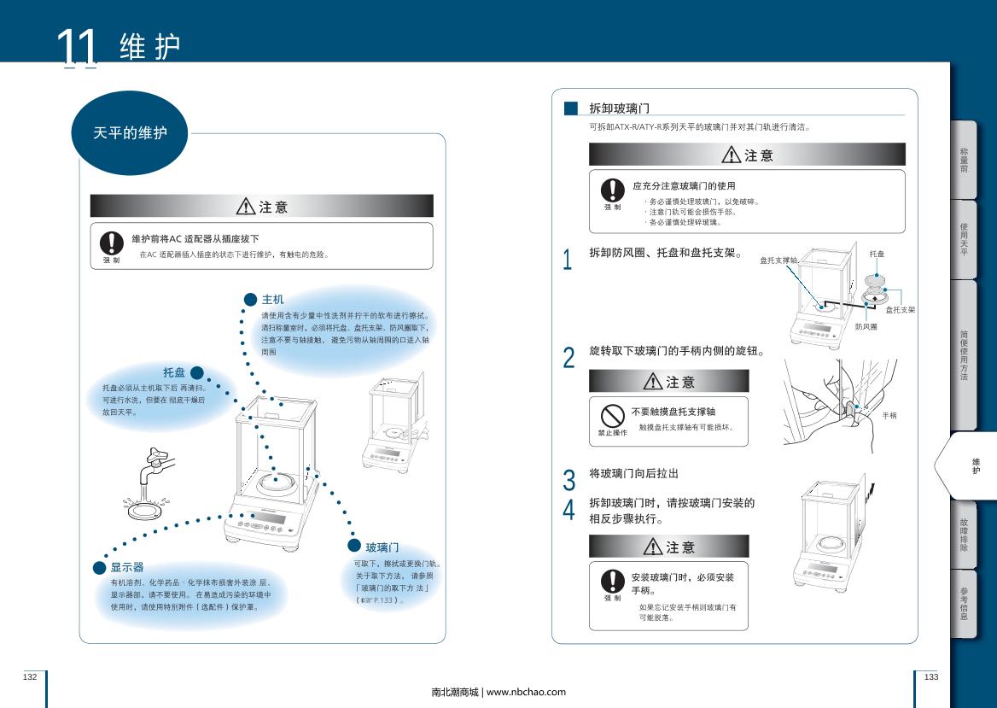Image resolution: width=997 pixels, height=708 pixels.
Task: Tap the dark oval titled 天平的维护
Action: pos(129,133)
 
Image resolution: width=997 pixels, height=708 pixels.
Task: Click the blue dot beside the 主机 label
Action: pos(250,299)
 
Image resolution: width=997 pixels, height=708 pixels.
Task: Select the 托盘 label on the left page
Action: pos(174,372)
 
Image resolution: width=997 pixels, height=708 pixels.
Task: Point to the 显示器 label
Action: pos(126,567)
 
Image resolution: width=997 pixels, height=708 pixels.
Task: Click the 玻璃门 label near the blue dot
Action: pos(382,547)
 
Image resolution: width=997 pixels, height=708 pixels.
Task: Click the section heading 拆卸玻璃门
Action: pos(619,108)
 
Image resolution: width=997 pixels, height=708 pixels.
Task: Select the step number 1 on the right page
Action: pos(568,260)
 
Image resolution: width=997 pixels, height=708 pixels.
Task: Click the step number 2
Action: pos(568,358)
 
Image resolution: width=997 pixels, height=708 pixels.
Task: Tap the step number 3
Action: pos(568,480)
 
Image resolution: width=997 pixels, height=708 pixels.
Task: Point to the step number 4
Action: pos(568,510)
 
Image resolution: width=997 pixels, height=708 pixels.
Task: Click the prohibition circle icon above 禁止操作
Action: pos(612,415)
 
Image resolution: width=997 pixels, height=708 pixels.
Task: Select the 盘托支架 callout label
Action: pos(900,310)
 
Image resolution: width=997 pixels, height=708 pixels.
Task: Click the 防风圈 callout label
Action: pos(866,327)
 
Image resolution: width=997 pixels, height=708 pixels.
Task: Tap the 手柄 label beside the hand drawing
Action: pos(889,415)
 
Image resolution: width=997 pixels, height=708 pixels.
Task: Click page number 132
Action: pos(30,677)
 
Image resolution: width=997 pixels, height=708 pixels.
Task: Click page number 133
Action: pos(930,677)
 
